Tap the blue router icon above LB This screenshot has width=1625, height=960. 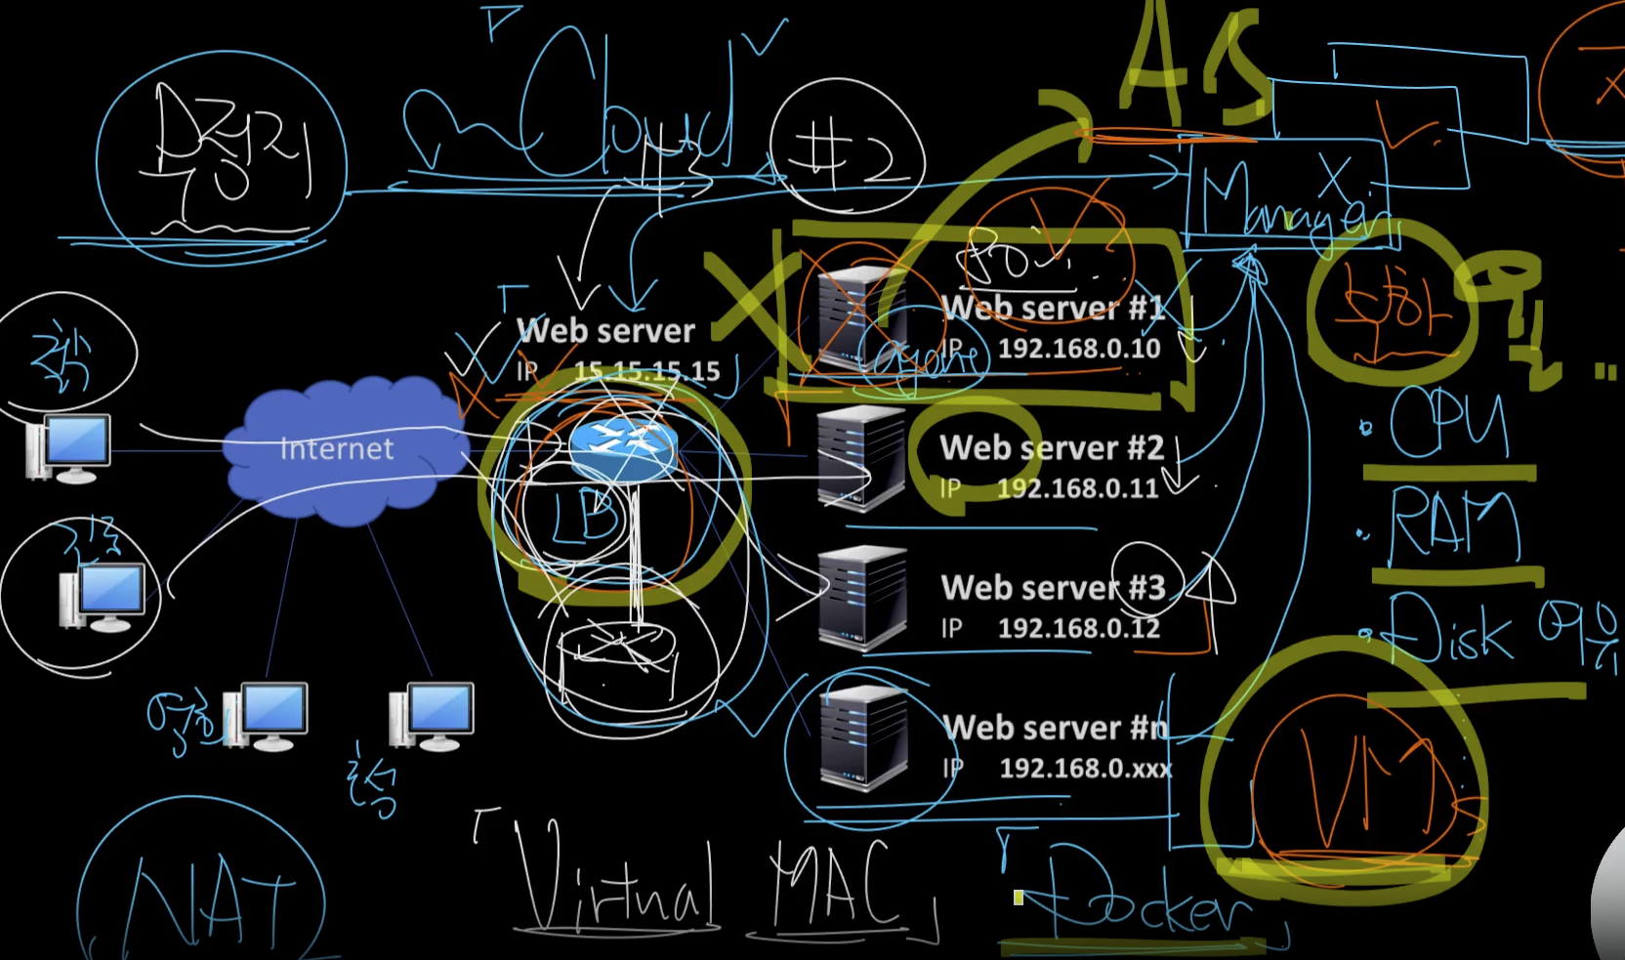click(x=623, y=446)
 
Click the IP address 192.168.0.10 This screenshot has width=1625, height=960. click(x=1079, y=349)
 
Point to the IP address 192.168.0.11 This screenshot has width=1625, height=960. click(x=1077, y=487)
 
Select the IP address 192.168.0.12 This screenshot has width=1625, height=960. click(x=1078, y=628)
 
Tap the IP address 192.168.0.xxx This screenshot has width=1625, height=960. click(x=1085, y=769)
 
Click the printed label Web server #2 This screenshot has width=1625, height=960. click(x=1052, y=448)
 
